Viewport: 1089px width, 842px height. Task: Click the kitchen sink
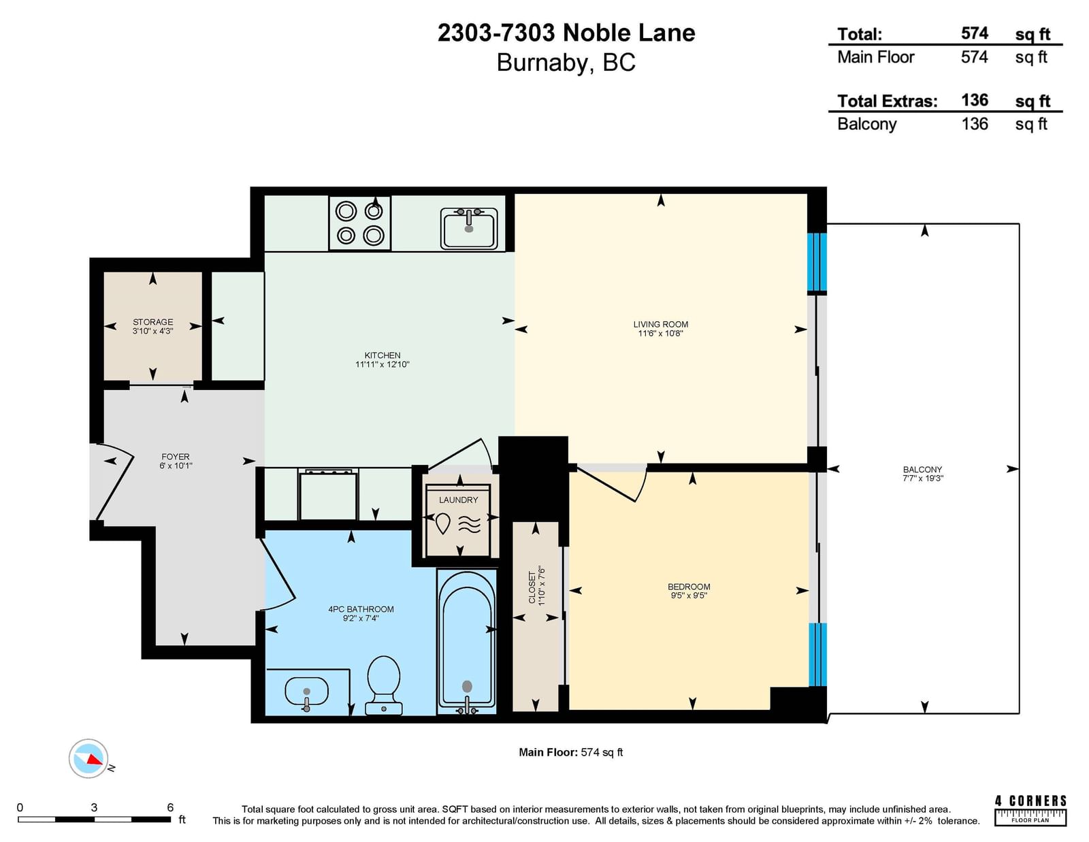pos(468,229)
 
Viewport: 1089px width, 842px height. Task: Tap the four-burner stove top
pos(359,223)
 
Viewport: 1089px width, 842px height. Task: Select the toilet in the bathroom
pos(383,685)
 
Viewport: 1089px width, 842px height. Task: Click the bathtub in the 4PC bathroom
pos(467,641)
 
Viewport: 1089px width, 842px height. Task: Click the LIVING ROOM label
pos(660,324)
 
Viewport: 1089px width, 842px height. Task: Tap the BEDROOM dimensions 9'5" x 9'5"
pos(689,596)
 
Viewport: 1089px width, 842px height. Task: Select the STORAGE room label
pos(153,322)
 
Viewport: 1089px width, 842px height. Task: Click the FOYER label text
pos(176,457)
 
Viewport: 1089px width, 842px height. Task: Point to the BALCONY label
pos(923,470)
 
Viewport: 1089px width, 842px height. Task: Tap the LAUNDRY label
pos(458,500)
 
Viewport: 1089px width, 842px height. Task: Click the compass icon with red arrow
pos(88,758)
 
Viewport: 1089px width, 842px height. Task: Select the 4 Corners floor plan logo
pos(1030,811)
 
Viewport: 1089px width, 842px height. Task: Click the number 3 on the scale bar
pos(94,807)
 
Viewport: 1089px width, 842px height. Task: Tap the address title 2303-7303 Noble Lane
pos(566,33)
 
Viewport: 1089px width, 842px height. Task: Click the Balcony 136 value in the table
pos(974,124)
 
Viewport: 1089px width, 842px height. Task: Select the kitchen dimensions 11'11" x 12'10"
pos(383,364)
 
